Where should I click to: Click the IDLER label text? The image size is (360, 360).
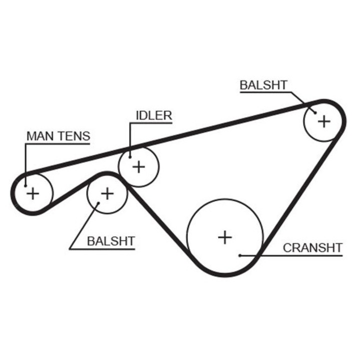(x=154, y=115)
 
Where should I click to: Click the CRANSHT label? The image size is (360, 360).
(x=312, y=248)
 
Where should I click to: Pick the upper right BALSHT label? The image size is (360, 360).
(x=263, y=85)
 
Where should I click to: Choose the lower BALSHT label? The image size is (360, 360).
(x=111, y=241)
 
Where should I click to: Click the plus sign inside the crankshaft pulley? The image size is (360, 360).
(x=225, y=237)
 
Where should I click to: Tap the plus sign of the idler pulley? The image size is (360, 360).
(x=138, y=167)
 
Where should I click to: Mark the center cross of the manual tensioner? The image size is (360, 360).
(x=33, y=193)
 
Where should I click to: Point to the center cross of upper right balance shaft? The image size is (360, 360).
(x=324, y=121)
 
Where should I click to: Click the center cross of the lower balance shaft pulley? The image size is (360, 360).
(x=107, y=194)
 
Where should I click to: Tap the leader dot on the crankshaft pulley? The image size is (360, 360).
(x=240, y=255)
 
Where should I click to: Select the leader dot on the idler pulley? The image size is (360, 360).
(x=130, y=157)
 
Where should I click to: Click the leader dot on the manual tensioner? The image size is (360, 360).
(x=25, y=185)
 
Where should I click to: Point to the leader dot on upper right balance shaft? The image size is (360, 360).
(x=315, y=112)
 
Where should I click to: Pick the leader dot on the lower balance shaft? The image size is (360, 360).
(x=98, y=203)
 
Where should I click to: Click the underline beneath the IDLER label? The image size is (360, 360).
(x=151, y=123)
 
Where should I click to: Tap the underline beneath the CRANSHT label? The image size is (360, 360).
(x=291, y=255)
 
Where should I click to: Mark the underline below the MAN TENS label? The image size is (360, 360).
(x=57, y=144)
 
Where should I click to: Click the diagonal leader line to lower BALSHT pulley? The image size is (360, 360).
(x=84, y=226)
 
